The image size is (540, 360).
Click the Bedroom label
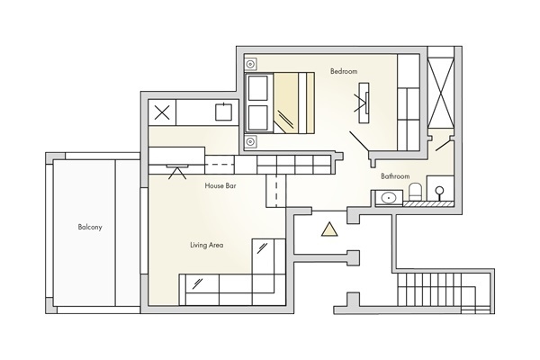click(344, 71)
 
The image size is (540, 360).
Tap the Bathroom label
click(395, 176)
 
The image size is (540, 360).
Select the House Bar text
click(220, 185)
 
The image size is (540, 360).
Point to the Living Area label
click(207, 245)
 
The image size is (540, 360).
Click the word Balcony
click(90, 227)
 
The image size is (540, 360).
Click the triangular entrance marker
click(329, 229)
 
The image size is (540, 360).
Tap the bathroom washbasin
click(389, 198)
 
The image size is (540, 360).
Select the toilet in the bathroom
click(415, 192)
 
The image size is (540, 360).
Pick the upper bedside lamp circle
click(251, 64)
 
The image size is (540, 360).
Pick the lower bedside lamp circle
click(251, 141)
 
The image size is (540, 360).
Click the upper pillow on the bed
click(258, 88)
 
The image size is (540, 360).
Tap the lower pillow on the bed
click(258, 118)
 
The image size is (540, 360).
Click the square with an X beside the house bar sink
click(162, 112)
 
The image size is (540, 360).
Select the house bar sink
click(224, 112)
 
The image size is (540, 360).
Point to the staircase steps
click(444, 289)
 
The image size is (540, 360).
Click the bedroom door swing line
click(359, 141)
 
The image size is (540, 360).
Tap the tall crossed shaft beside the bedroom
click(440, 93)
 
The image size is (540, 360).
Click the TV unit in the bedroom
click(364, 103)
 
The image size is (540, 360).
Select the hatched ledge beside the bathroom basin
click(427, 204)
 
